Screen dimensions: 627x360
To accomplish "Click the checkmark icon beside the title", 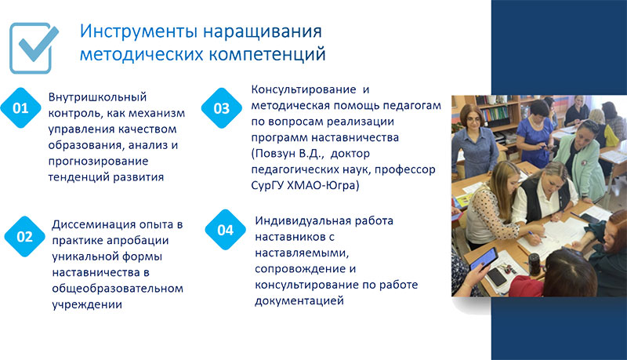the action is click(34, 48).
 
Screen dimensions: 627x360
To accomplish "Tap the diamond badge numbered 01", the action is click(21, 108).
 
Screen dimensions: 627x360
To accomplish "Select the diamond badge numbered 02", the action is click(25, 237).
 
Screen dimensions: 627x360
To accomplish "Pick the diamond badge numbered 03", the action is click(222, 108).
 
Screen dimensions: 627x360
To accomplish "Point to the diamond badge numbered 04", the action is click(226, 230).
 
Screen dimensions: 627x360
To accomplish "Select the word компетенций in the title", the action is click(267, 54).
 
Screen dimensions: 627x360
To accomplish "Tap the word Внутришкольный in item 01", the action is click(97, 97).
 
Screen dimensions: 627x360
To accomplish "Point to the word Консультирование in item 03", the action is click(303, 89).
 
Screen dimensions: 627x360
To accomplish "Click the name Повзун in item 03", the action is click(274, 153).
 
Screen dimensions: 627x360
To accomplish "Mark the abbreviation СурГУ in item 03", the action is click(267, 186).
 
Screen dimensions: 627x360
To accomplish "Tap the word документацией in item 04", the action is click(299, 301).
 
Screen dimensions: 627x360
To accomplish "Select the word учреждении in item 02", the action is click(87, 304).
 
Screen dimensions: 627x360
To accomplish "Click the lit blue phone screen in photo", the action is click(484, 259).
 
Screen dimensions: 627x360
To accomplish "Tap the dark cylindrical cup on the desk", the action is click(535, 264).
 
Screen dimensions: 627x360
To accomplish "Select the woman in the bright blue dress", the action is click(535, 134).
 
